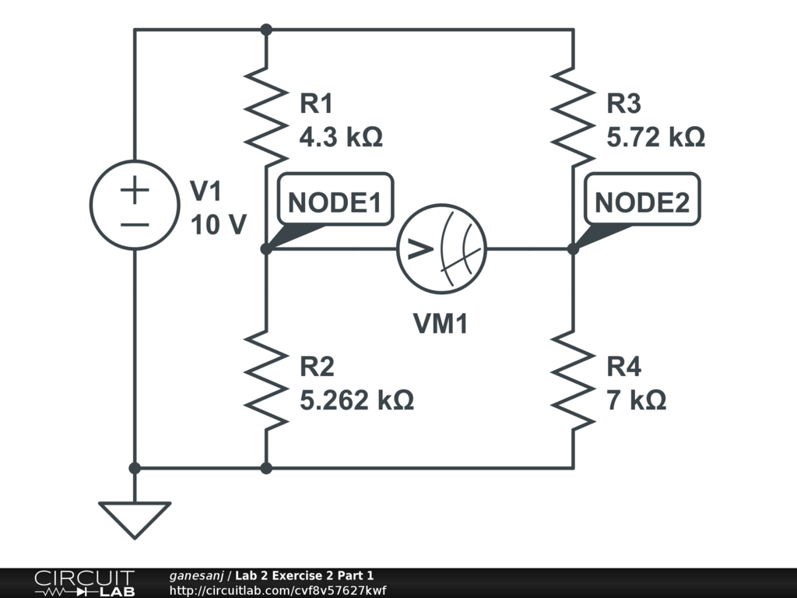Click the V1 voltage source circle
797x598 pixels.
135,206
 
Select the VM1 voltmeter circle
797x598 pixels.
441,249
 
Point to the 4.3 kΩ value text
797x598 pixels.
341,138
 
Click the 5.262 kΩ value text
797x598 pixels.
356,400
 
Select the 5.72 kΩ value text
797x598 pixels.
655,138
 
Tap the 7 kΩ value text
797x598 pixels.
636,400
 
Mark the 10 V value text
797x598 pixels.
219,225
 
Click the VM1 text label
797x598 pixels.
441,324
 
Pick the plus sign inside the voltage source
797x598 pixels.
135,190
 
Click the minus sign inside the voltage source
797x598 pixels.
135,224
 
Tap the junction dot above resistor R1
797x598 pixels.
266,30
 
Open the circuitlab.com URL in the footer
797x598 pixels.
277,590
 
